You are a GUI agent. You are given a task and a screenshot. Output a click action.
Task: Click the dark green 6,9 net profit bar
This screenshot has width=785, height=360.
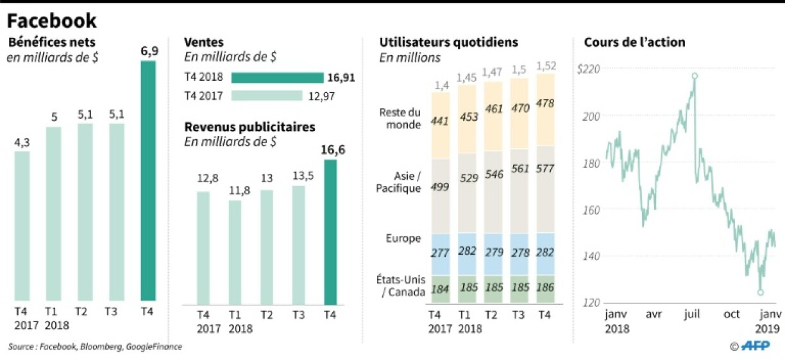click(x=148, y=181)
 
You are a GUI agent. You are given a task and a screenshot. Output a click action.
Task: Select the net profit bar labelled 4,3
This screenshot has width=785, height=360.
click(x=22, y=226)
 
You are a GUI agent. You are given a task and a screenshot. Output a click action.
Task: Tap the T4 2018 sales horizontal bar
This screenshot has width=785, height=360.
click(x=277, y=78)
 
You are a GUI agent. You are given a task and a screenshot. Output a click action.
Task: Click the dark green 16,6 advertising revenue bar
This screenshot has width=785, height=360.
click(x=330, y=232)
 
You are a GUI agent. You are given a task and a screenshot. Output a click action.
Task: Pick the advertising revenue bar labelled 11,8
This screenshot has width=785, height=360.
click(x=235, y=252)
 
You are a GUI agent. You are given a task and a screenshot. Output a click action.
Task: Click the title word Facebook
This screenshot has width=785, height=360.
click(x=52, y=21)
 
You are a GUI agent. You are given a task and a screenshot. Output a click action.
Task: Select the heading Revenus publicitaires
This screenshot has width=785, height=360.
click(x=249, y=127)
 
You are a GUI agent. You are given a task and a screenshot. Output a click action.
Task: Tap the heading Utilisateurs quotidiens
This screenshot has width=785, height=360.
click(x=449, y=42)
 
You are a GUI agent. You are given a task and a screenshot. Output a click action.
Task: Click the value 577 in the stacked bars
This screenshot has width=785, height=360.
click(x=544, y=169)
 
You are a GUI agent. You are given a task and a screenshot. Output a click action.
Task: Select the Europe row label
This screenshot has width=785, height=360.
click(x=404, y=238)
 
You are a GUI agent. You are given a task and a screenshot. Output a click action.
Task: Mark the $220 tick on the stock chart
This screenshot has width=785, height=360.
click(x=589, y=69)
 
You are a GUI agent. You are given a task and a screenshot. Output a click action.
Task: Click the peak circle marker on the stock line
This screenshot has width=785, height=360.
click(x=695, y=76)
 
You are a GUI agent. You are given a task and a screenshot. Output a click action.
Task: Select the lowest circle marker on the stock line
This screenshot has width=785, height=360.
click(x=761, y=292)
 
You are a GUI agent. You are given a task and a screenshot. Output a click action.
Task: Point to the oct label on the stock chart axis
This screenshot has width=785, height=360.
click(x=731, y=314)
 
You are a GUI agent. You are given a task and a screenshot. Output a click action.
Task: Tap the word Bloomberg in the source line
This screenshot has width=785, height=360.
click(x=103, y=347)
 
